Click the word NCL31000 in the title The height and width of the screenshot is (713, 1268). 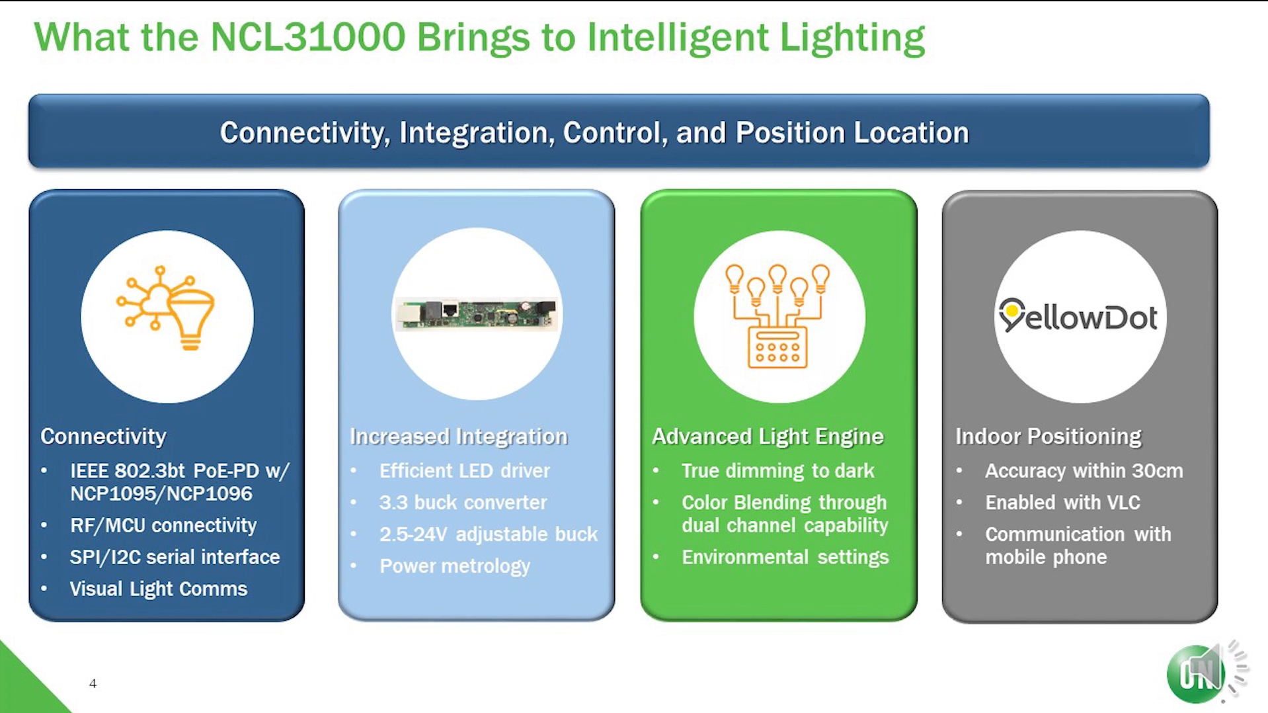[x=307, y=37]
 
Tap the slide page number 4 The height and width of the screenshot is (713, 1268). [x=93, y=683]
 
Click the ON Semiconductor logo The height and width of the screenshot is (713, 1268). [x=1195, y=674]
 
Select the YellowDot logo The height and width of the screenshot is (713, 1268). [x=1078, y=315]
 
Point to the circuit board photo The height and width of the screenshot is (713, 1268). [x=477, y=314]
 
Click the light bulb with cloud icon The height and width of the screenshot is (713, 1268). [x=166, y=308]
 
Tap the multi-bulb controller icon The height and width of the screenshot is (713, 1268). [x=777, y=315]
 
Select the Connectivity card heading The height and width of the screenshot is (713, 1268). [x=103, y=437]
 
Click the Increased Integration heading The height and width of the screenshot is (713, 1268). [x=458, y=437]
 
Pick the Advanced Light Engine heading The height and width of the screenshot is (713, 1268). [x=768, y=437]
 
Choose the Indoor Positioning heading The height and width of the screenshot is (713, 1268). [x=1048, y=437]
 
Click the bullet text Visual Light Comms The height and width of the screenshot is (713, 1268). [x=159, y=589]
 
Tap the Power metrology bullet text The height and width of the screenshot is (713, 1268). [x=455, y=566]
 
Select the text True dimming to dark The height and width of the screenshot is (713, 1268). [x=778, y=471]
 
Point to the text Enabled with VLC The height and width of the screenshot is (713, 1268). [x=1062, y=503]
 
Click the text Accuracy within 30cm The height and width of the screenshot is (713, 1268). [x=1084, y=471]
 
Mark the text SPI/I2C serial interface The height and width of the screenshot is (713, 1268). [x=175, y=557]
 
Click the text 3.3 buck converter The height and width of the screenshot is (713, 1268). [x=463, y=503]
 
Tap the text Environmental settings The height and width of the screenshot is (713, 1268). [x=785, y=557]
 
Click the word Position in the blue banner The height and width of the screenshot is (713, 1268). [x=790, y=133]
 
